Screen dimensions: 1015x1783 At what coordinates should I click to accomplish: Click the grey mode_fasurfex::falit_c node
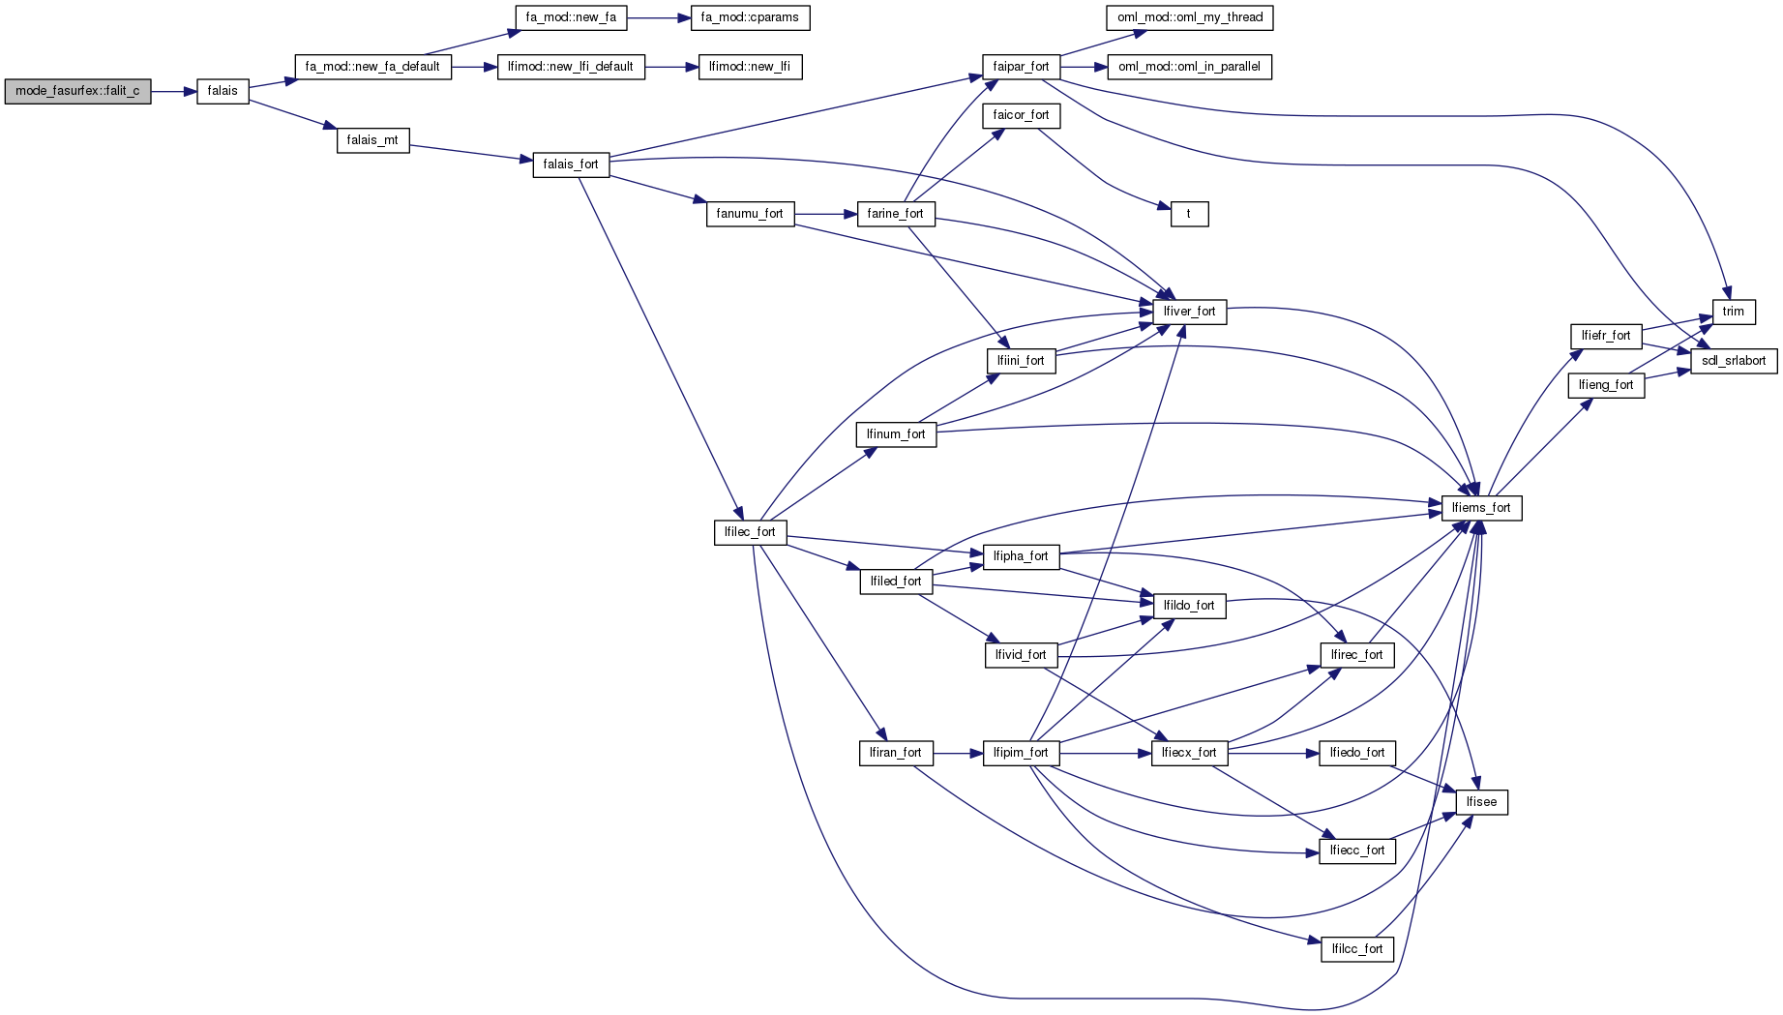point(77,91)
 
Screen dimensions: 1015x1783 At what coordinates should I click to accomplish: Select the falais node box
point(223,91)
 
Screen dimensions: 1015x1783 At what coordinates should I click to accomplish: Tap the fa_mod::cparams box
point(750,17)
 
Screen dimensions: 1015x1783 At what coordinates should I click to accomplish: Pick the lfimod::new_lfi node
point(750,67)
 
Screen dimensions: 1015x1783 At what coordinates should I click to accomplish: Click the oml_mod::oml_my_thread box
point(1189,17)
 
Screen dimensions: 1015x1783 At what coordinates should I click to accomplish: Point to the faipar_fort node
point(1021,67)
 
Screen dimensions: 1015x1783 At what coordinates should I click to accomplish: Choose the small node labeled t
point(1189,214)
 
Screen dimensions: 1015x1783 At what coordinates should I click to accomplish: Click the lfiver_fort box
point(1189,312)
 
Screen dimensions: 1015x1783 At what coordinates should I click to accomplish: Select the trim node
point(1733,312)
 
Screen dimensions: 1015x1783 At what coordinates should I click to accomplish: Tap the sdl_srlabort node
point(1733,361)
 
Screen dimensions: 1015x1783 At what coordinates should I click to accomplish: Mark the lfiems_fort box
point(1481,508)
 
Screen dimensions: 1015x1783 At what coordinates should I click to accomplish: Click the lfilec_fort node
point(750,532)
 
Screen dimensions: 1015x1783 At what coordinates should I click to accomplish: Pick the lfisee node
point(1481,802)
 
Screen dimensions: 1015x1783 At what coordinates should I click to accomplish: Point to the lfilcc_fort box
point(1356,949)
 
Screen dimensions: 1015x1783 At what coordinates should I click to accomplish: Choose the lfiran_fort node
point(895,753)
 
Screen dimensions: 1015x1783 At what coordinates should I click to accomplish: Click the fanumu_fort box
point(750,214)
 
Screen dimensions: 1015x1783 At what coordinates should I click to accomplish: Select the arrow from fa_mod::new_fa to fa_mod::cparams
point(658,17)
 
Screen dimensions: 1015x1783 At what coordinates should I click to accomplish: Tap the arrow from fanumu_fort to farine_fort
point(825,214)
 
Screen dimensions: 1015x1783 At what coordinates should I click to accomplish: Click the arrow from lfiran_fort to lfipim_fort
point(958,753)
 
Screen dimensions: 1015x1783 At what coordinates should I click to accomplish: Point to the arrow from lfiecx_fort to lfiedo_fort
point(1273,753)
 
